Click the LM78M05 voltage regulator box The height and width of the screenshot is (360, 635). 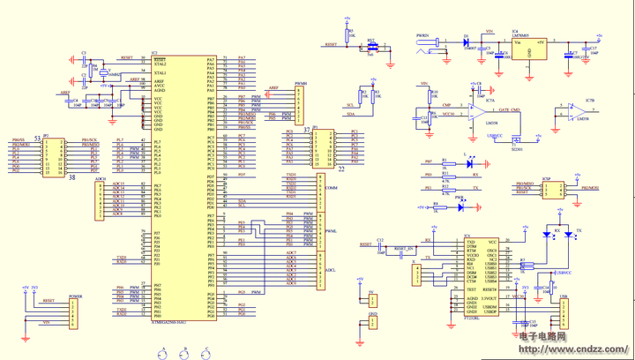528,47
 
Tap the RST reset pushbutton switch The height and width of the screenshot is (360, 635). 372,48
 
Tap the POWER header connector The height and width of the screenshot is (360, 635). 75,311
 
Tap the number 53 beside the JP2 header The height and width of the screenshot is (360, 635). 37,139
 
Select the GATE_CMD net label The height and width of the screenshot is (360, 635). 509,110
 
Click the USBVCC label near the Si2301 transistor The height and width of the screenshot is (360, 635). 494,136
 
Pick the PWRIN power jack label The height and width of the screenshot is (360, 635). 422,36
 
